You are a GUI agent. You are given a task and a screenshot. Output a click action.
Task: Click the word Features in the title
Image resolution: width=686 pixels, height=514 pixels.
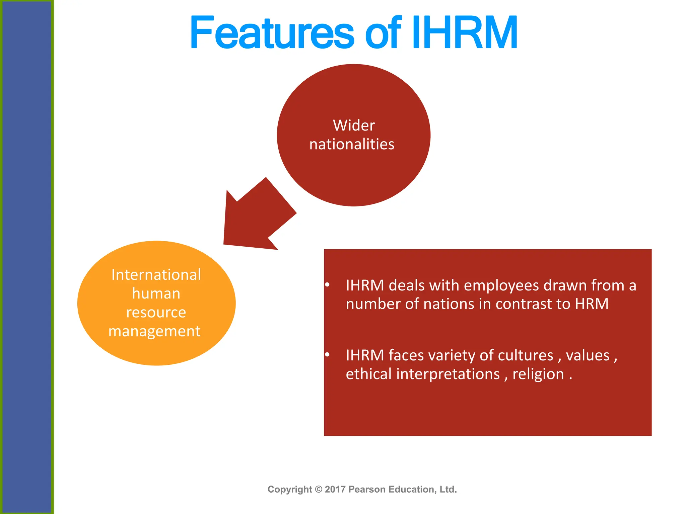271,33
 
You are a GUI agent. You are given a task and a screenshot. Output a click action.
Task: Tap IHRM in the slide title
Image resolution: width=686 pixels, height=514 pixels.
464,33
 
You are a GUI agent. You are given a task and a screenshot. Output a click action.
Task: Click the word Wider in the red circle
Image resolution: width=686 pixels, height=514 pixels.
353,125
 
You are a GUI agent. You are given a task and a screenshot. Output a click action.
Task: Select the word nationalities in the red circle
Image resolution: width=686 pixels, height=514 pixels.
352,144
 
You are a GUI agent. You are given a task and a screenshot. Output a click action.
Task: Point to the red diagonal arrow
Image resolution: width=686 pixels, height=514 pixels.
256,218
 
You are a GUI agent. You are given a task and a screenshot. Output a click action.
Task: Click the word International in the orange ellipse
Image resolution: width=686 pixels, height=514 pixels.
156,275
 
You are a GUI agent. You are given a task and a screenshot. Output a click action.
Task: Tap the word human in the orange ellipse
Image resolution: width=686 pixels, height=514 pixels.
156,293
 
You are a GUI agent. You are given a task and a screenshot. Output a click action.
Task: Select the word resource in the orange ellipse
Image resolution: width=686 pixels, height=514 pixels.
156,312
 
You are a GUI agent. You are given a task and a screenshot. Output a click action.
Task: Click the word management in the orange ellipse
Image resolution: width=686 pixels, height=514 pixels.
154,331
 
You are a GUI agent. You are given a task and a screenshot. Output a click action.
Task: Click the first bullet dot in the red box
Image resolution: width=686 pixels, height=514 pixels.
327,285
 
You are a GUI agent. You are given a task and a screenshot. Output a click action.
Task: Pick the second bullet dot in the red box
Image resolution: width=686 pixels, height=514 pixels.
327,355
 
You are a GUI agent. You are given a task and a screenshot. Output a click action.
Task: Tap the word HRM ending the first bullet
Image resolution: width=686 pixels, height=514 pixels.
592,304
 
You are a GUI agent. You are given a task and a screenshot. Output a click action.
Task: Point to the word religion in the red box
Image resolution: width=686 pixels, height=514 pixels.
538,374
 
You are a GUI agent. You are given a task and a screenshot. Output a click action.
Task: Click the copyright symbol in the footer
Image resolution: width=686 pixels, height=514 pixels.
319,489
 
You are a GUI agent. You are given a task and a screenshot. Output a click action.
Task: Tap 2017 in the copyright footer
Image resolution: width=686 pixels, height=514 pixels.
335,489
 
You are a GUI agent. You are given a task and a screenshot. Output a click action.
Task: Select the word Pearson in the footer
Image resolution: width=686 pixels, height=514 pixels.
367,489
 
